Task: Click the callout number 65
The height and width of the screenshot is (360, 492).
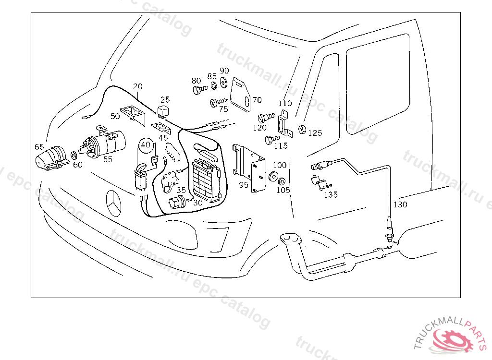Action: [39, 146]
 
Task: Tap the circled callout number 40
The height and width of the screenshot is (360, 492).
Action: [146, 144]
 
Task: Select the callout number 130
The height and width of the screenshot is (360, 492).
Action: [400, 204]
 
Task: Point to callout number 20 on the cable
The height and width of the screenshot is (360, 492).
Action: [138, 87]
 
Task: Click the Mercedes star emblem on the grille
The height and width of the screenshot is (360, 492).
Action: [114, 204]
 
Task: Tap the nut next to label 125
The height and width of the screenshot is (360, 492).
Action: [303, 129]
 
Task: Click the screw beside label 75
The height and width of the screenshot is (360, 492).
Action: [216, 102]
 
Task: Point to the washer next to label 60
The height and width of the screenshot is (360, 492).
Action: [74, 155]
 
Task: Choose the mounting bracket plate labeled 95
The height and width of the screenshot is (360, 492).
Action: [252, 168]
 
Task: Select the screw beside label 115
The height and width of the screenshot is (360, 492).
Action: [271, 140]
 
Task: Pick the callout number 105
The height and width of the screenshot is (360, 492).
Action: [283, 190]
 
